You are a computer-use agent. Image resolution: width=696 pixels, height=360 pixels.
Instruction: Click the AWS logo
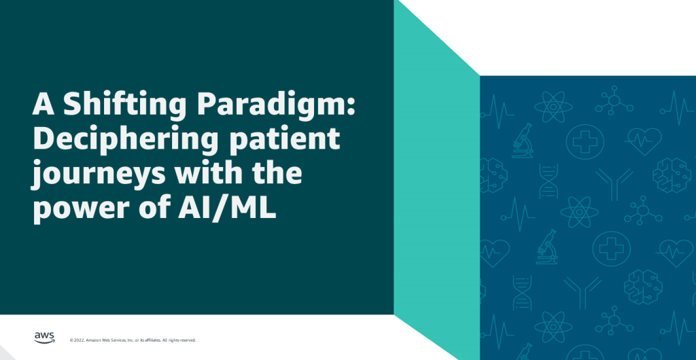point(45,338)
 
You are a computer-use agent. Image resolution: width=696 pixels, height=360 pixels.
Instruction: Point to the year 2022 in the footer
point(80,340)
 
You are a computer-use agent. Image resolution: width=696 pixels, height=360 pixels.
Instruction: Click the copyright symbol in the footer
point(72,340)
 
